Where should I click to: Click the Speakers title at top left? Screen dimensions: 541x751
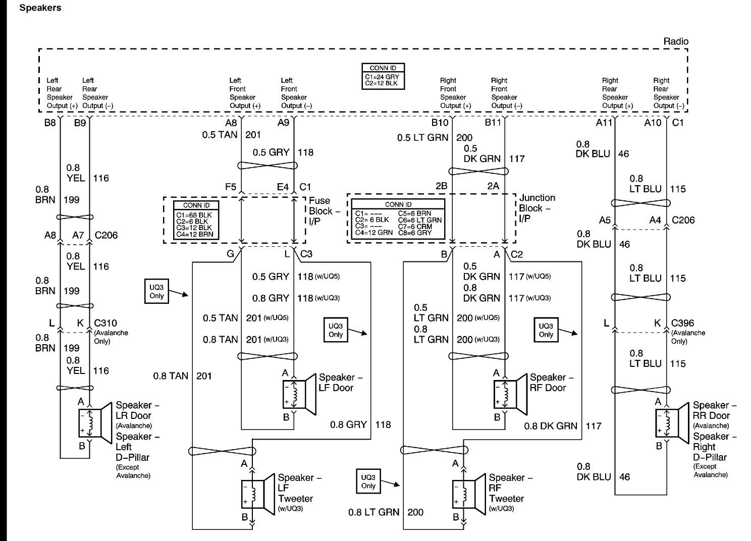(40, 8)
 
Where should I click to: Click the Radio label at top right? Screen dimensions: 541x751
(675, 41)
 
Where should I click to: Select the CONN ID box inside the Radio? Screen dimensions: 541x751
(383, 76)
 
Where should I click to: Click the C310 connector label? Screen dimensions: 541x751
(105, 323)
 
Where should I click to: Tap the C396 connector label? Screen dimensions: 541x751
(683, 323)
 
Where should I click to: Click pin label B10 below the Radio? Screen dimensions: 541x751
(439, 123)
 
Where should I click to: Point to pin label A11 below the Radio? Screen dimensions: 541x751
(604, 123)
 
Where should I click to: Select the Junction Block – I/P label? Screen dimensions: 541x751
(537, 208)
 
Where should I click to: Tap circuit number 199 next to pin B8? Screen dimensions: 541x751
(72, 200)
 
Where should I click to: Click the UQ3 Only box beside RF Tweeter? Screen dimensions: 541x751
(368, 481)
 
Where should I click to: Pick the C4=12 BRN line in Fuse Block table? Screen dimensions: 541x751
(194, 234)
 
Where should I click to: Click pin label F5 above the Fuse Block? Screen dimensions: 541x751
(231, 187)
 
